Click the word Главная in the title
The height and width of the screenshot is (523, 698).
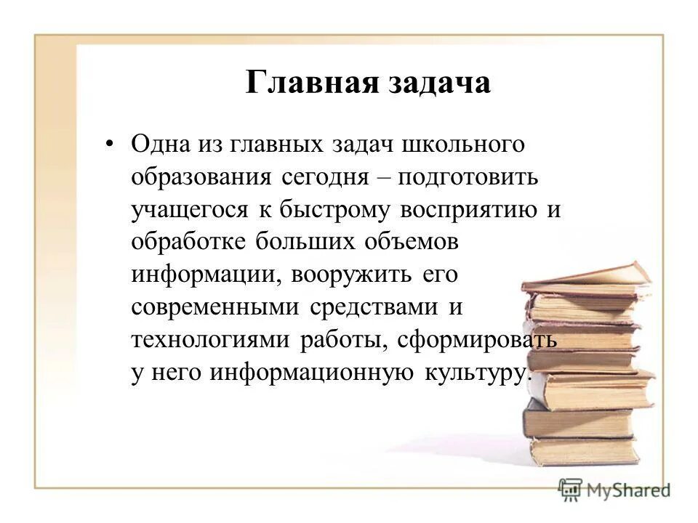click(x=310, y=83)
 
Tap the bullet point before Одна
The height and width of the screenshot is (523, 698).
click(x=110, y=144)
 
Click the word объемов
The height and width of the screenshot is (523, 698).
click(x=416, y=242)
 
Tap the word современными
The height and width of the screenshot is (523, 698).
click(x=215, y=307)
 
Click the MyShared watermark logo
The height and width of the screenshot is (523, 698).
click(x=614, y=489)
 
